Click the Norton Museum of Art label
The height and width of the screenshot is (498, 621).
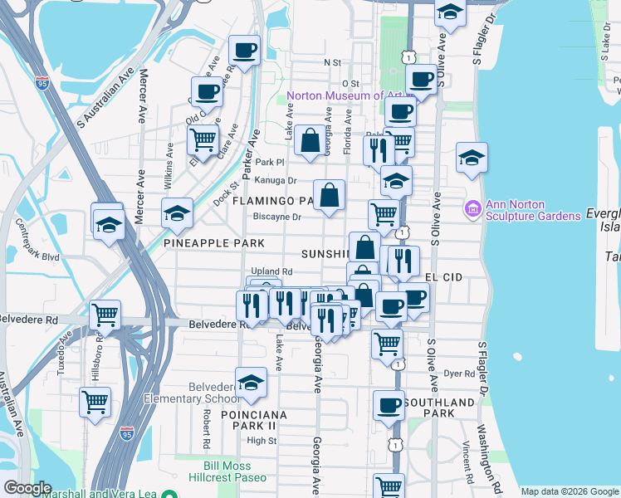click(340, 95)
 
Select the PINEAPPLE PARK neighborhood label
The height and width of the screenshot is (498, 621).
click(214, 243)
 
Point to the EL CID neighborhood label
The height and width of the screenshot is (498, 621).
click(443, 276)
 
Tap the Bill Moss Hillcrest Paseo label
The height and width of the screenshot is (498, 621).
click(237, 471)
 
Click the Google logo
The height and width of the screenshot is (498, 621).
click(27, 488)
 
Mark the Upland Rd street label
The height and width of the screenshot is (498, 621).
click(272, 271)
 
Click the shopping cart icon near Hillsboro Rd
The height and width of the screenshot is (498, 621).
click(105, 315)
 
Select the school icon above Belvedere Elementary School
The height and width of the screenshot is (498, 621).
click(251, 383)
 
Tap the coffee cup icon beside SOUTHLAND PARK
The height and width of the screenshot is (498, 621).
click(388, 405)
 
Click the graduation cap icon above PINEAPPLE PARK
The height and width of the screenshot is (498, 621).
click(177, 213)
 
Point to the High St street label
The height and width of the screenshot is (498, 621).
click(262, 441)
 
